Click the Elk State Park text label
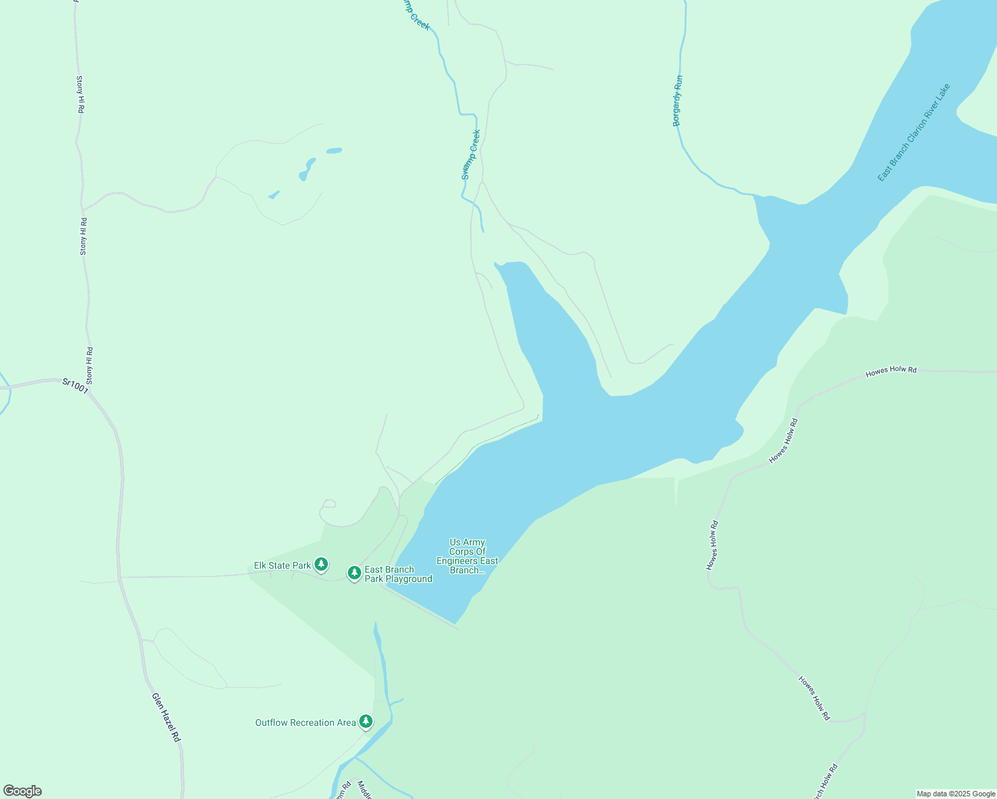tap(283, 565)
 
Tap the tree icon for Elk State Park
tap(321, 565)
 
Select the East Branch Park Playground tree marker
tap(355, 573)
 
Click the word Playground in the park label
tap(407, 579)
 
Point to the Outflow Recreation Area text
tap(305, 722)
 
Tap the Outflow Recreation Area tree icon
tap(365, 721)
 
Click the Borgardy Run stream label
tap(677, 101)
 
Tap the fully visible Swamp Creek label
tap(471, 154)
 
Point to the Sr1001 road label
tap(75, 386)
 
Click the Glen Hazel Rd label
tap(166, 718)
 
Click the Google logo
tap(22, 790)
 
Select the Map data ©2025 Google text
tap(956, 794)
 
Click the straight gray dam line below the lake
tap(420, 608)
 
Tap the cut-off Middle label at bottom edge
tap(365, 790)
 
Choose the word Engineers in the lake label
tap(467, 561)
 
